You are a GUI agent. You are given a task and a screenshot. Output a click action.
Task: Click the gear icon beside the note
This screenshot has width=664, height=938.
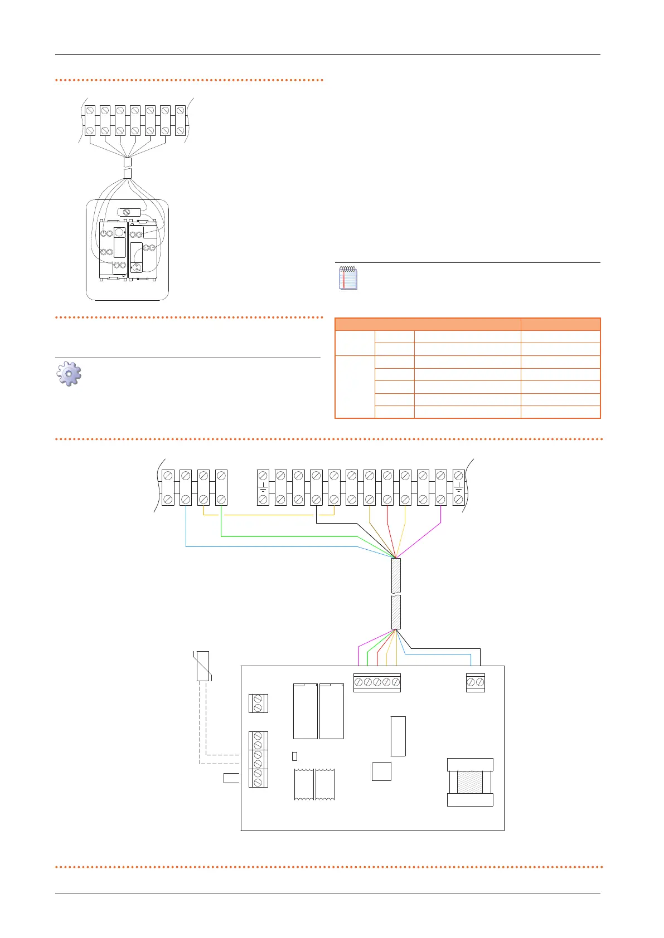click(69, 374)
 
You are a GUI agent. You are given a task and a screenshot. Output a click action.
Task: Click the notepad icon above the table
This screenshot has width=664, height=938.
click(348, 278)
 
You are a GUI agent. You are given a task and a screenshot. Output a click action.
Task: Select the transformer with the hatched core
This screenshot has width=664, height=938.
click(470, 782)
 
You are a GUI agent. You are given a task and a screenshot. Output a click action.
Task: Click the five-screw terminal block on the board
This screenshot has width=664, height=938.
click(377, 682)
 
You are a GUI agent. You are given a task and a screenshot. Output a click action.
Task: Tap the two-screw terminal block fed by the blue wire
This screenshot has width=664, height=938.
click(475, 682)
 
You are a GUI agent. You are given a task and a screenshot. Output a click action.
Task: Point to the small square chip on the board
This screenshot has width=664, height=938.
click(381, 771)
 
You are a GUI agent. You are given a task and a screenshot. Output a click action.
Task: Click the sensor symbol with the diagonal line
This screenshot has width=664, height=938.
click(203, 666)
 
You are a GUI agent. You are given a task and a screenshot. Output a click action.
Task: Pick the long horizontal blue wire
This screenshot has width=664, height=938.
click(268, 546)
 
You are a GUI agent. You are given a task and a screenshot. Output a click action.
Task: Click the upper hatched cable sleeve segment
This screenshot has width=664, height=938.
click(396, 575)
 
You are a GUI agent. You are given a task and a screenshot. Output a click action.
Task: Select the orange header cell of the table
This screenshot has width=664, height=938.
click(428, 324)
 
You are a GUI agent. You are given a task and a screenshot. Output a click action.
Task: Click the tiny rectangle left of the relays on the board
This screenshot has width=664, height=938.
click(295, 756)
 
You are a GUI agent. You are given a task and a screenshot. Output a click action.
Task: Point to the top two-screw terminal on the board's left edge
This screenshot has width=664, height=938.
click(258, 703)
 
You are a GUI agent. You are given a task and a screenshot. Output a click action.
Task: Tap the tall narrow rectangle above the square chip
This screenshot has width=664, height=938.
click(398, 736)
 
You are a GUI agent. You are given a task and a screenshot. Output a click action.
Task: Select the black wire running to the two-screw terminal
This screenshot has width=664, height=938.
click(446, 648)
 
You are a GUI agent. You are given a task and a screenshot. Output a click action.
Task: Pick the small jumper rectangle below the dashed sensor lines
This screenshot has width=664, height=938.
click(231, 778)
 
